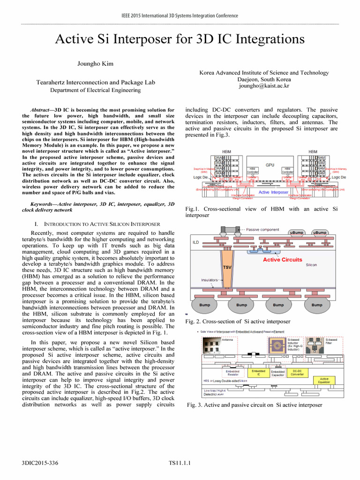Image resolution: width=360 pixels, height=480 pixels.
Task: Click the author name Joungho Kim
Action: [96, 63]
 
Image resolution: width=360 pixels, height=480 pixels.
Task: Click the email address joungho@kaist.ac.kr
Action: [264, 86]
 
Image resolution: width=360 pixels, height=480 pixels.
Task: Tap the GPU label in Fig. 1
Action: [270, 165]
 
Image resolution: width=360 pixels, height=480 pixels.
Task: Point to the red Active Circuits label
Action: [282, 259]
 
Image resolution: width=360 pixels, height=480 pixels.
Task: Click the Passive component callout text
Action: [263, 230]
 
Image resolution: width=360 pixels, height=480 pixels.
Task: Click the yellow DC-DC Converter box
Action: [297, 373]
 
